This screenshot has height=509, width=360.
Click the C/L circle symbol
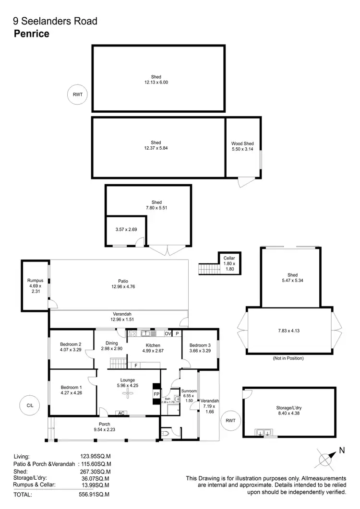(30, 405)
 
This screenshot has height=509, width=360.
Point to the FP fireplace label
(156, 394)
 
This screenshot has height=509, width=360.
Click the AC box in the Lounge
(121, 413)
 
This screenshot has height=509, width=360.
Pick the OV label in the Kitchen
(168, 333)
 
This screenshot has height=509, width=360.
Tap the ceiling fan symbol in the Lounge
(128, 394)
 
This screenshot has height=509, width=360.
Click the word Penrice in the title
(31, 34)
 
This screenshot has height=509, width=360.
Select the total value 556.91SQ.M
(95, 494)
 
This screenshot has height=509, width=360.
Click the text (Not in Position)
(288, 358)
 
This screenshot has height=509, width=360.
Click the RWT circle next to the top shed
(78, 95)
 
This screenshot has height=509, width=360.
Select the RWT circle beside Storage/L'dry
(228, 421)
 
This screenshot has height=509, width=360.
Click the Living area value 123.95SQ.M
(95, 457)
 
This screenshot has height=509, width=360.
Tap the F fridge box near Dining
(136, 365)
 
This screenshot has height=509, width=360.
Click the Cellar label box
(229, 262)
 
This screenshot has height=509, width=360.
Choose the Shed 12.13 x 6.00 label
(156, 79)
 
